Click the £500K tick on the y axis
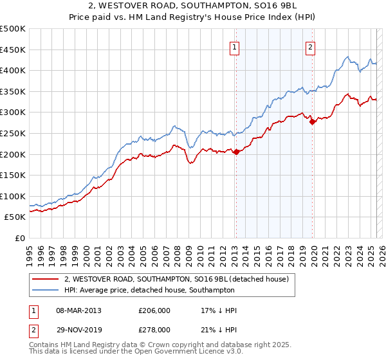[x=13, y=29]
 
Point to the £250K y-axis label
[x=13, y=133]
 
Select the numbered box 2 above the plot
[x=310, y=46]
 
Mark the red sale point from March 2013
[x=235, y=152]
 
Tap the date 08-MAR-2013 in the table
[x=79, y=310]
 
